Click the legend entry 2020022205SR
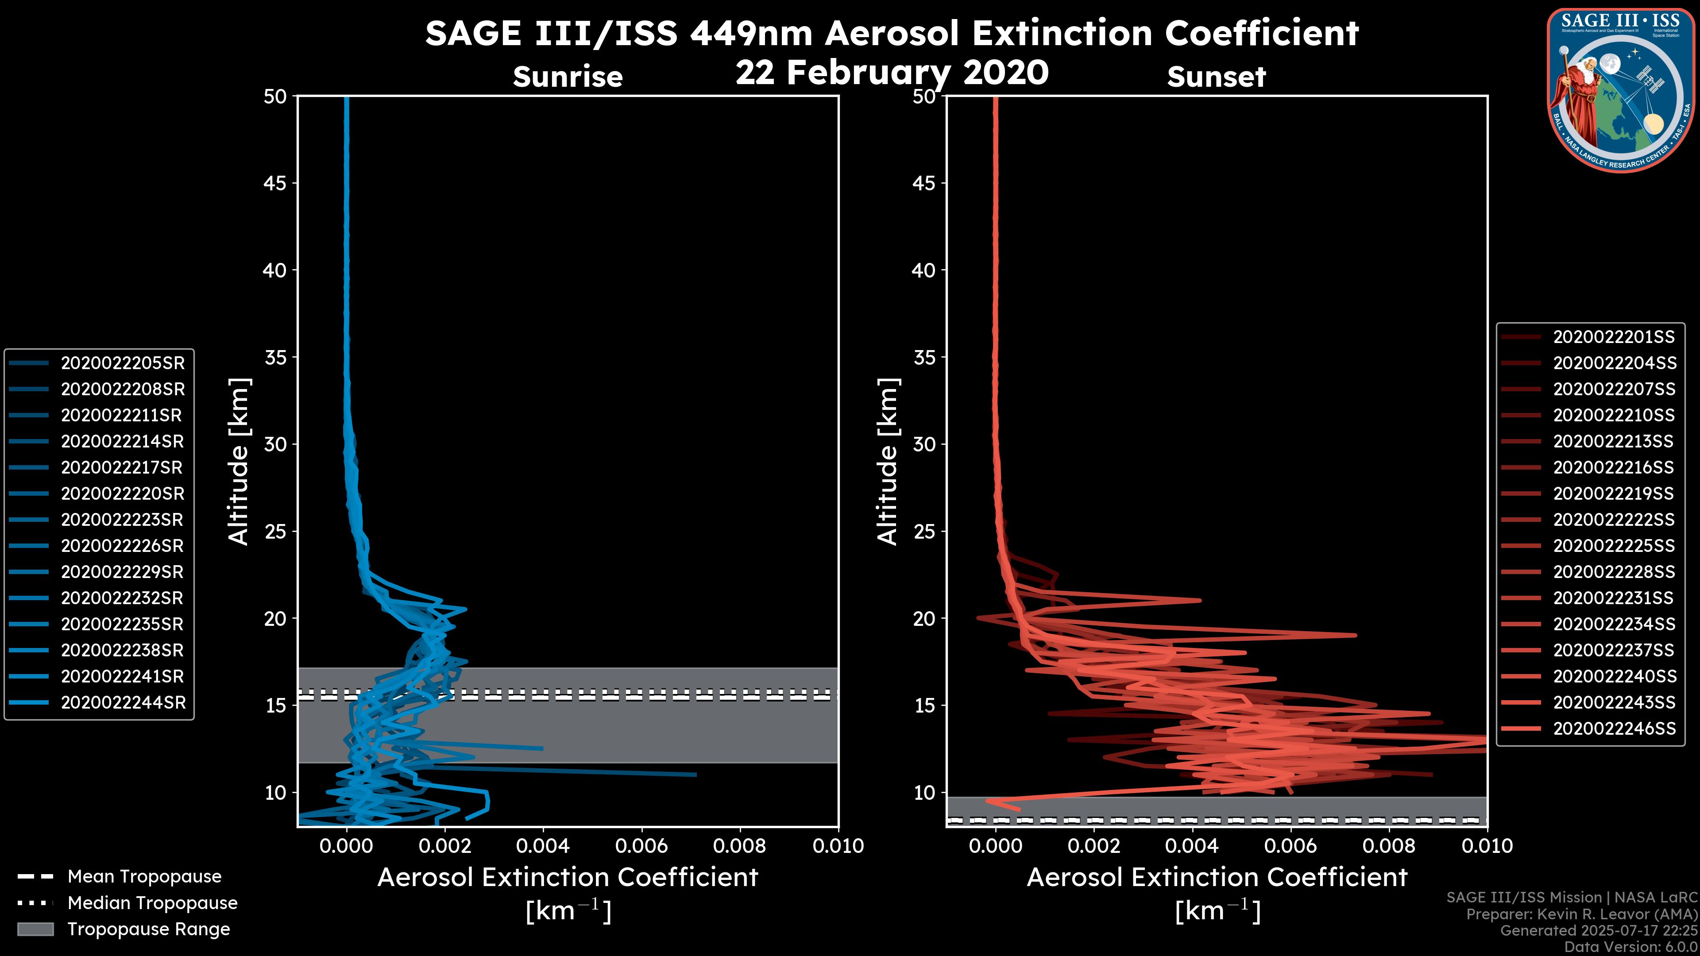coord(123,363)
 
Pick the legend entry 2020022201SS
coord(1614,337)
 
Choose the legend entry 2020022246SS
coord(1614,729)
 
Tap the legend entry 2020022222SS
coord(1614,520)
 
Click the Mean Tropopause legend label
coord(144,877)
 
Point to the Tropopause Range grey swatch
coord(35,929)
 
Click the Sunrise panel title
coord(568,77)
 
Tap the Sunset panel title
coord(1216,77)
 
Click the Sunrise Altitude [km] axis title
coord(239,462)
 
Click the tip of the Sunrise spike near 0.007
coord(695,775)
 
